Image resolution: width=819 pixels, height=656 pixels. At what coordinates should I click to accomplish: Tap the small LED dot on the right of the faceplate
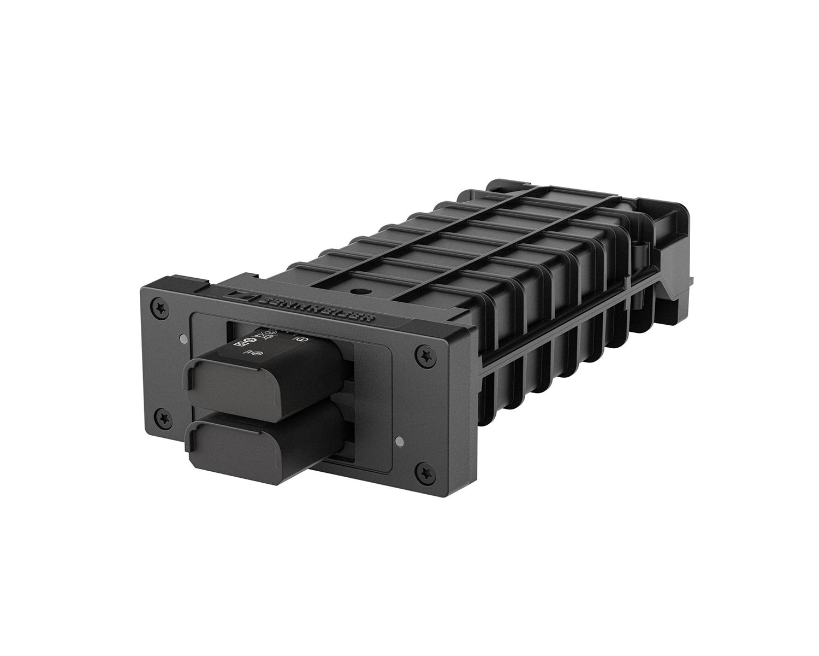click(x=402, y=440)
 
